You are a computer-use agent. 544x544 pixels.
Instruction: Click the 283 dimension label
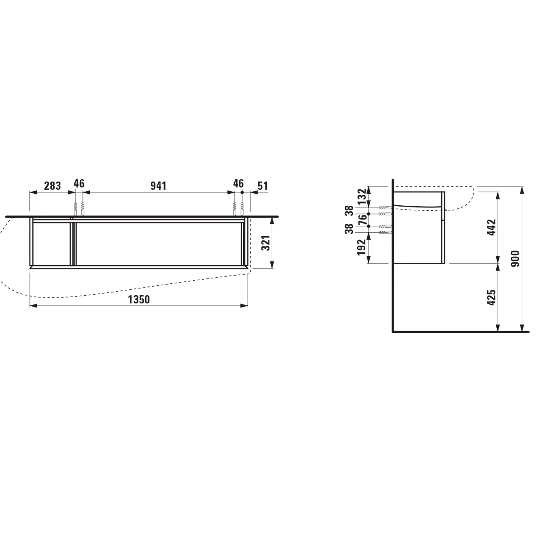pyautogui.click(x=52, y=186)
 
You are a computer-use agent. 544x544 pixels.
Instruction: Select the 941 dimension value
pyautogui.click(x=158, y=186)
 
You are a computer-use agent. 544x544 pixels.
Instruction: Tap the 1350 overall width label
pyautogui.click(x=139, y=299)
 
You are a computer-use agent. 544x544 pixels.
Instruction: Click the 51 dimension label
pyautogui.click(x=262, y=186)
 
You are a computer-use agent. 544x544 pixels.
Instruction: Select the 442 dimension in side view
pyautogui.click(x=492, y=227)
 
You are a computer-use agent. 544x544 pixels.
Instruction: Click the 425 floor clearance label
pyautogui.click(x=492, y=297)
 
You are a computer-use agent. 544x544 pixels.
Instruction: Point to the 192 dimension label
pyautogui.click(x=362, y=247)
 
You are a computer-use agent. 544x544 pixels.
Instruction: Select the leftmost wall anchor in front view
pyautogui.click(x=75, y=209)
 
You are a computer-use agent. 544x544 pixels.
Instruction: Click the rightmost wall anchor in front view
pyautogui.click(x=242, y=209)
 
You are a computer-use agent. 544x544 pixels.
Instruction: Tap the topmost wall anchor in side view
pyautogui.click(x=385, y=208)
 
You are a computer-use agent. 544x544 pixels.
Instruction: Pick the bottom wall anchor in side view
pyautogui.click(x=385, y=232)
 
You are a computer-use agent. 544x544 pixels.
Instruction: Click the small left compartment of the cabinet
pyautogui.click(x=51, y=244)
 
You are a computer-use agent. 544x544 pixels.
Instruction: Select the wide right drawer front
pyautogui.click(x=159, y=244)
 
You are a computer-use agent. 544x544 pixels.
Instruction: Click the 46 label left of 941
pyautogui.click(x=79, y=184)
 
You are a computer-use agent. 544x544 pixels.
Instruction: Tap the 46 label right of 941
pyautogui.click(x=238, y=184)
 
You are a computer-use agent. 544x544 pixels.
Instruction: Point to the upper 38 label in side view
pyautogui.click(x=350, y=211)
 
